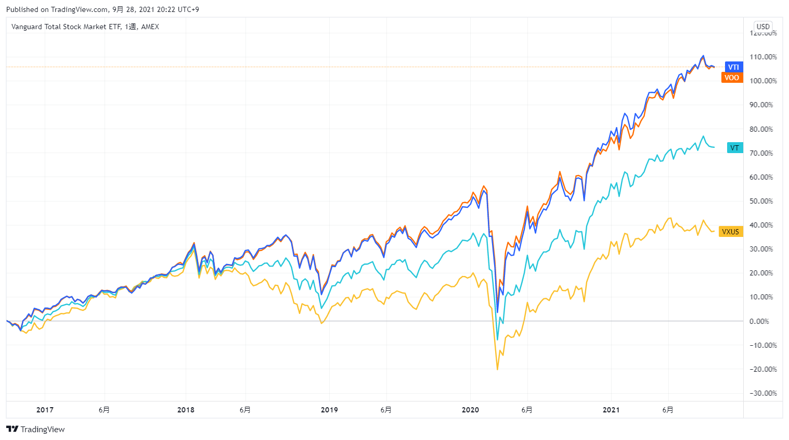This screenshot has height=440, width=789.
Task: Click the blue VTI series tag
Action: (x=733, y=67)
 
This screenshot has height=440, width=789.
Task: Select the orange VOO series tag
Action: (x=732, y=78)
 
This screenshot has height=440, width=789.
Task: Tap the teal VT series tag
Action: (x=734, y=148)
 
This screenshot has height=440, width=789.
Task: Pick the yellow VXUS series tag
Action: (x=730, y=232)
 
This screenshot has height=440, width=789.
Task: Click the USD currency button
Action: (x=763, y=27)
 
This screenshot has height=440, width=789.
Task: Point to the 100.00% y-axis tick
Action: (x=763, y=81)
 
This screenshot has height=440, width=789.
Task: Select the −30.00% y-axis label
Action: (x=763, y=394)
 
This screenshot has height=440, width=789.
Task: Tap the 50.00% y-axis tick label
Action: (x=763, y=202)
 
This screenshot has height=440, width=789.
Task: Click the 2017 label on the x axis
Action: (x=45, y=410)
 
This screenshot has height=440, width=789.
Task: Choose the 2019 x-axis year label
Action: (x=329, y=410)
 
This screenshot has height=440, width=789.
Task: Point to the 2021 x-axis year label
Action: (x=611, y=410)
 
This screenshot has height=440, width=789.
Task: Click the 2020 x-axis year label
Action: (x=470, y=410)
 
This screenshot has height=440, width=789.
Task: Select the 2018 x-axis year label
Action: (x=186, y=410)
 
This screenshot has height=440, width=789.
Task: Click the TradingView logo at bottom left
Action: (x=35, y=429)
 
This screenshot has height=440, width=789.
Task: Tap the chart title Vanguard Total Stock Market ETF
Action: (x=66, y=27)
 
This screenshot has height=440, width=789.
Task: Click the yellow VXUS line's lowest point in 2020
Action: (x=497, y=370)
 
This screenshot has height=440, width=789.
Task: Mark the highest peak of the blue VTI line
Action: (x=703, y=56)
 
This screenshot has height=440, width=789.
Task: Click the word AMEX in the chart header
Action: (x=150, y=27)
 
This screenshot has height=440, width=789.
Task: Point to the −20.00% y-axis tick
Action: (x=763, y=370)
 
